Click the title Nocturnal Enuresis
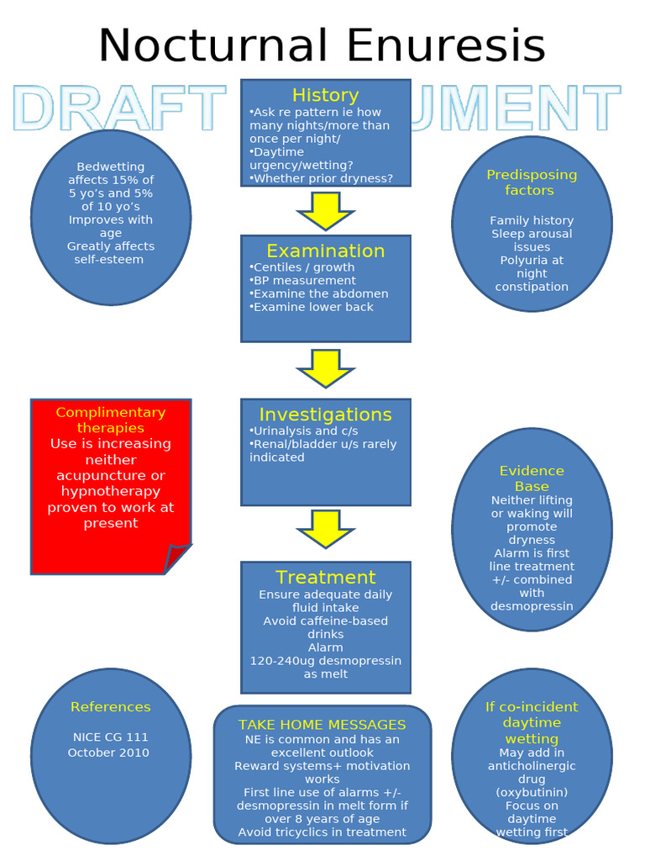[x=322, y=45]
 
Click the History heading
[x=325, y=95]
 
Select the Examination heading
[x=325, y=251]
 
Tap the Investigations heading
[x=325, y=415]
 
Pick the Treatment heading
[x=325, y=577]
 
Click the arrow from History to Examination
[x=325, y=210]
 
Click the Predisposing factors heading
[x=532, y=182]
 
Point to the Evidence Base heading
[x=532, y=478]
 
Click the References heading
[x=110, y=707]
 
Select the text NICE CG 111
[x=110, y=737]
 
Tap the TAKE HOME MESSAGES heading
[x=322, y=725]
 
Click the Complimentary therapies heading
[x=110, y=420]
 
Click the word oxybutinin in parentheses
[x=532, y=792]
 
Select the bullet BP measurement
[x=303, y=281]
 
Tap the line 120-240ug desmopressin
[x=325, y=661]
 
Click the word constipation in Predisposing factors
[x=532, y=287]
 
